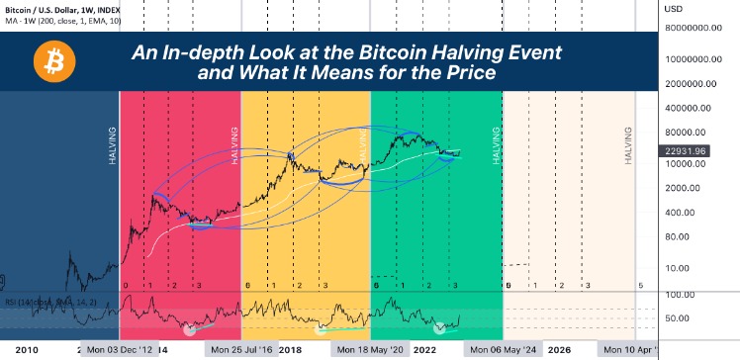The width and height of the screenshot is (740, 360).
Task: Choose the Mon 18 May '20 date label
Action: pyautogui.click(x=369, y=350)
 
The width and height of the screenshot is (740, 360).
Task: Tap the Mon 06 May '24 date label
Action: pyautogui.click(x=503, y=350)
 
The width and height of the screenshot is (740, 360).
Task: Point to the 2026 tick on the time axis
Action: pyautogui.click(x=559, y=350)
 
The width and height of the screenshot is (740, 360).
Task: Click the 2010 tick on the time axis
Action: pyautogui.click(x=28, y=350)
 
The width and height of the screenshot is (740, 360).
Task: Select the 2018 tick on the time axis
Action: pyautogui.click(x=291, y=350)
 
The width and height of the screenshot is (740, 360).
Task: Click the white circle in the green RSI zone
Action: pyautogui.click(x=439, y=326)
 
